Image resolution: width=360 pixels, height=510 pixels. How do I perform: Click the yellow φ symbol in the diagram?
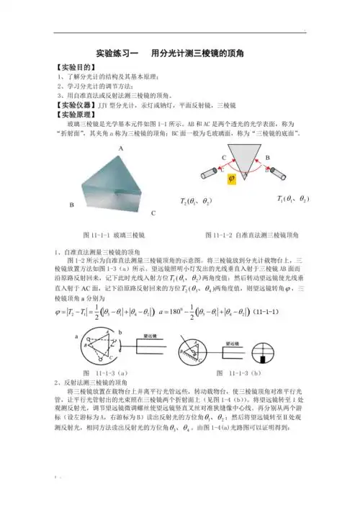[x=231, y=179]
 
